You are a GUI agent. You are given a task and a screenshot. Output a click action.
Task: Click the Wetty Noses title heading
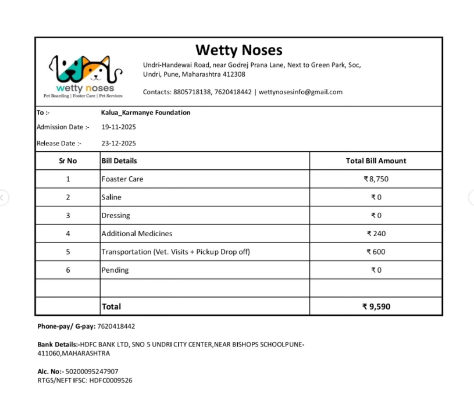[238, 50]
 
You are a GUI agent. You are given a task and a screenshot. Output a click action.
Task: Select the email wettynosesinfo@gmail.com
[300, 92]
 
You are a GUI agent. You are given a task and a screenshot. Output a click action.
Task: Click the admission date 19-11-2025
[119, 127]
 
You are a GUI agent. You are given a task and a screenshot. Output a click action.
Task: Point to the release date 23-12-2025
[119, 143]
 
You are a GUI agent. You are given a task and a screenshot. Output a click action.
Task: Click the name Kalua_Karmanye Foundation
[145, 112]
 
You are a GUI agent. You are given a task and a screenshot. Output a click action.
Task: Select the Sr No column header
[67, 161]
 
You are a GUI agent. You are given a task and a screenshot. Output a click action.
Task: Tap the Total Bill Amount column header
[376, 161]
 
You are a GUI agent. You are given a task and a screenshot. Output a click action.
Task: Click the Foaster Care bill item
[122, 179]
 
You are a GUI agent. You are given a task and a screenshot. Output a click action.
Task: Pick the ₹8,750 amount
[376, 179]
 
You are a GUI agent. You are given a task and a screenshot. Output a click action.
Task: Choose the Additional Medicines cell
[137, 234]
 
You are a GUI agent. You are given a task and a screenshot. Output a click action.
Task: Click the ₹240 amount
[376, 234]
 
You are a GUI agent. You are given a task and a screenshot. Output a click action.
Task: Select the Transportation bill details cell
[176, 252]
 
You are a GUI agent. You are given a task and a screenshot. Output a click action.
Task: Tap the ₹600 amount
[376, 252]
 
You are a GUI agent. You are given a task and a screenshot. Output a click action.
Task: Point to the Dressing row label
[116, 216]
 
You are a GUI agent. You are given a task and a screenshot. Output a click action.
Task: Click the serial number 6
[67, 270]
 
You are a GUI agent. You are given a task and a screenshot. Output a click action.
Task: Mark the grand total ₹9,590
[376, 306]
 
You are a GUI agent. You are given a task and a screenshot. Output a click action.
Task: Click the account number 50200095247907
[92, 371]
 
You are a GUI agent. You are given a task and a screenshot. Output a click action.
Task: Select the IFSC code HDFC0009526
[111, 380]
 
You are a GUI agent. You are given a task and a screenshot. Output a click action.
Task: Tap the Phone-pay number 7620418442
[116, 326]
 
